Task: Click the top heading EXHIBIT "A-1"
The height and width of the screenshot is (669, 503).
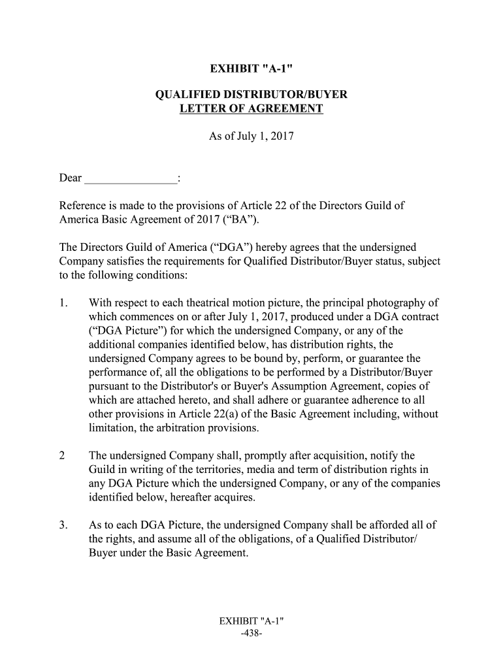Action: (x=252, y=68)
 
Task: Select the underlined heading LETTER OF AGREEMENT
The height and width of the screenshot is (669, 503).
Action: (x=252, y=108)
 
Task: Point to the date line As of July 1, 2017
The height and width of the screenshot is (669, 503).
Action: (x=252, y=137)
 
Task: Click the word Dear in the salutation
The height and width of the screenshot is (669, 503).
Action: (x=71, y=178)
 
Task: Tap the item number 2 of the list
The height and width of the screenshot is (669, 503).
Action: (x=62, y=456)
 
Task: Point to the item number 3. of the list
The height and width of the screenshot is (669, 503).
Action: (x=63, y=525)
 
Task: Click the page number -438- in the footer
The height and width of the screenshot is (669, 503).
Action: (x=252, y=634)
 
